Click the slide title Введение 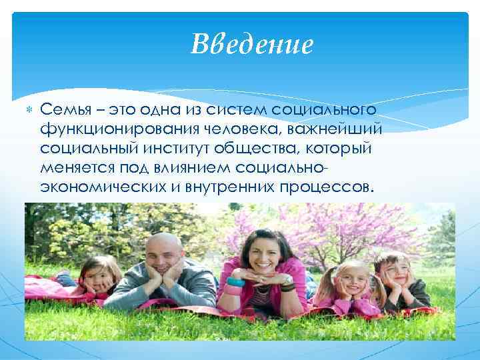pos(251,45)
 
